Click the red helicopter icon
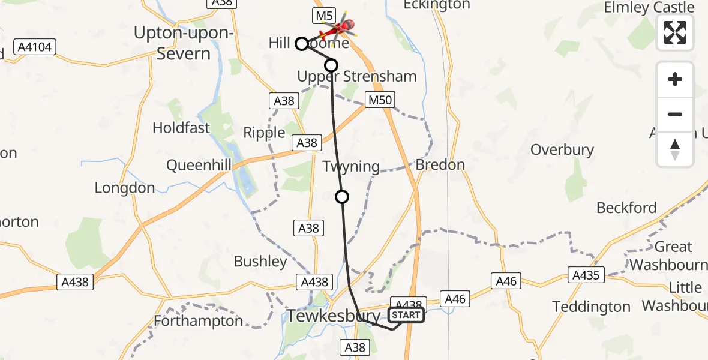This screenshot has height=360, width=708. click(340, 26)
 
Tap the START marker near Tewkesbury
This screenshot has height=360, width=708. click(406, 315)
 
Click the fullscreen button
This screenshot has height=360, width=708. click(675, 32)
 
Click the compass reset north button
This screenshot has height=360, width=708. click(675, 149)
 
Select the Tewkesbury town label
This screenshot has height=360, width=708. click(334, 316)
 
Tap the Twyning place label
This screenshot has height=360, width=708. click(352, 166)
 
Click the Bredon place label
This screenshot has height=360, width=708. click(440, 164)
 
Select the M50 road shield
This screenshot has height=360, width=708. click(380, 100)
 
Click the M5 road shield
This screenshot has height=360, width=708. click(322, 16)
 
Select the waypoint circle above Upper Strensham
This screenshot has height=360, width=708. click(331, 65)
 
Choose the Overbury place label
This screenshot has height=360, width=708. click(562, 149)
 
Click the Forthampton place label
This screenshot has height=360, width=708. click(199, 321)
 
